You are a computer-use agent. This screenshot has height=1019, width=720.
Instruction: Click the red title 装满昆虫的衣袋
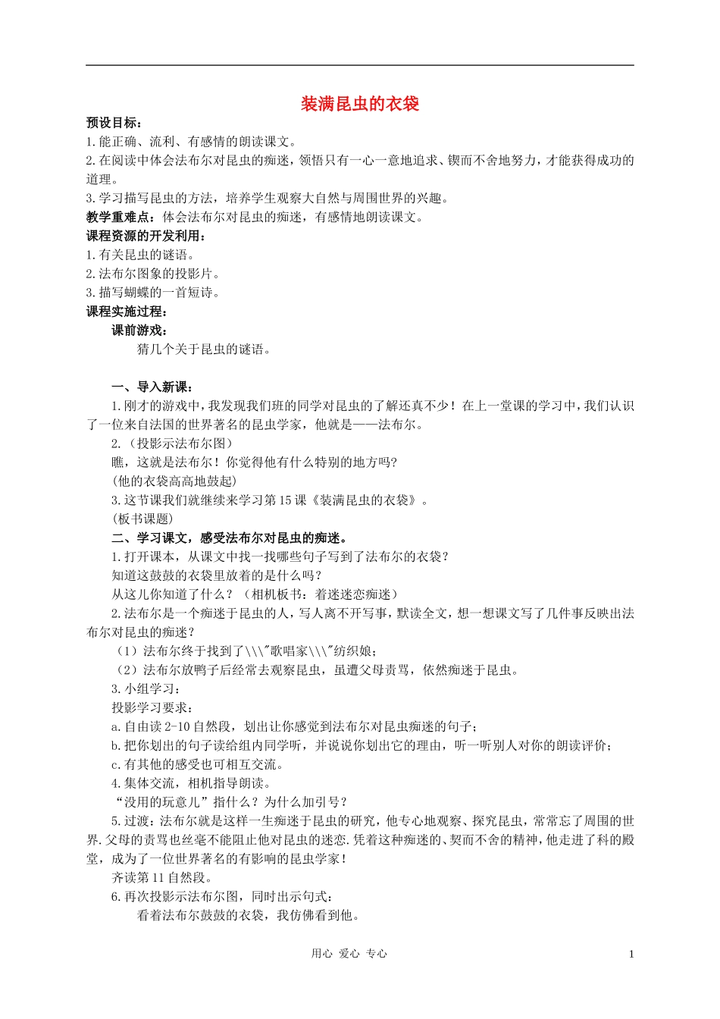(x=360, y=104)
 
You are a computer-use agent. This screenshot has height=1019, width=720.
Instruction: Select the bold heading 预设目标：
(x=114, y=123)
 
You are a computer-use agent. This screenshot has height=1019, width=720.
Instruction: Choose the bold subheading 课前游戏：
(x=140, y=330)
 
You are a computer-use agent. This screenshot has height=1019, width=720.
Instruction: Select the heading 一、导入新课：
(x=152, y=387)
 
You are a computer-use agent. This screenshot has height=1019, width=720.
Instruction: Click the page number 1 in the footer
(x=631, y=955)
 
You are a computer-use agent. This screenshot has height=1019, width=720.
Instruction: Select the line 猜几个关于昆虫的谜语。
(x=204, y=349)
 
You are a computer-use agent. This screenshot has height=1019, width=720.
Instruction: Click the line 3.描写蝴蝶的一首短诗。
(x=153, y=293)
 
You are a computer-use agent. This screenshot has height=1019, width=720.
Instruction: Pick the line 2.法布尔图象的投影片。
(x=153, y=274)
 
